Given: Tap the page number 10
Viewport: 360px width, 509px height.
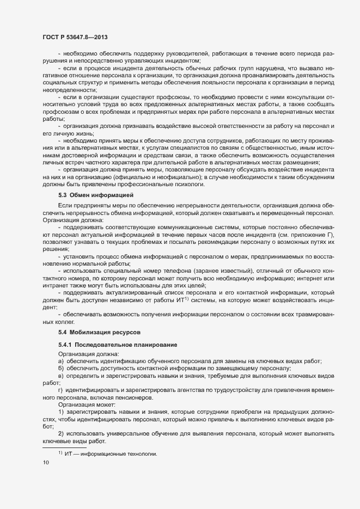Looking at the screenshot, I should point(46,463).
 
